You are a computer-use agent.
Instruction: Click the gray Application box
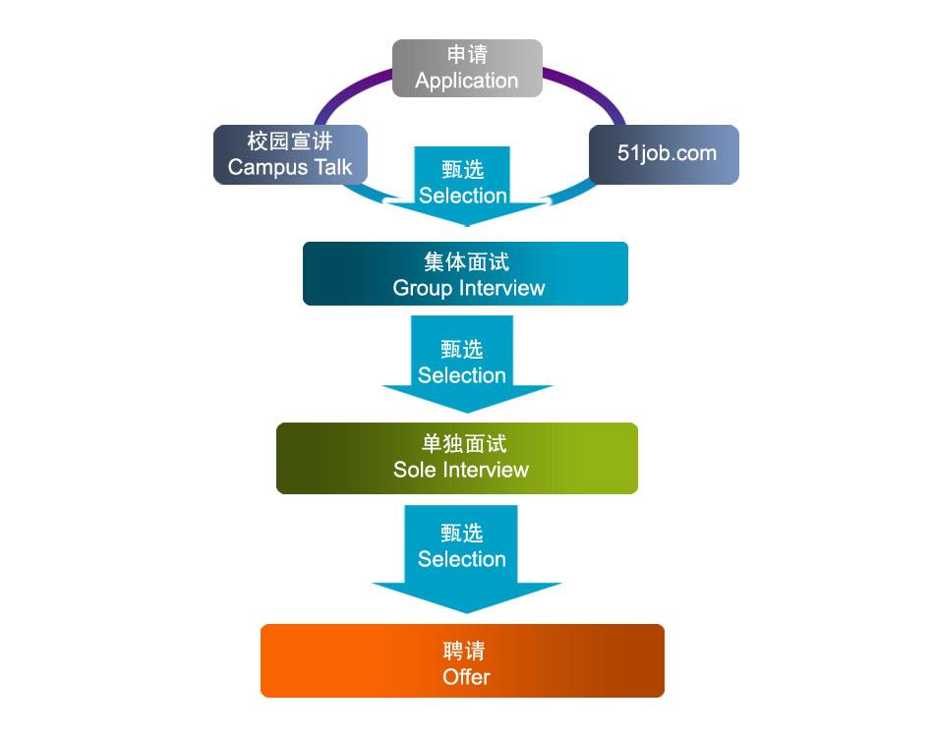pyautogui.click(x=467, y=68)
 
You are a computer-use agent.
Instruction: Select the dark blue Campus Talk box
pyautogui.click(x=290, y=154)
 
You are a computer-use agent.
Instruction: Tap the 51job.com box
pyautogui.click(x=665, y=154)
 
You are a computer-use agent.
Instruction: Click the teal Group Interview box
pyautogui.click(x=465, y=273)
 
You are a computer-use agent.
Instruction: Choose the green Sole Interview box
pyautogui.click(x=457, y=458)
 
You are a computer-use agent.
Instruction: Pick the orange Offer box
pyautogui.click(x=462, y=661)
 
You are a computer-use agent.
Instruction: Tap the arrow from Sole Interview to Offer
pyautogui.click(x=462, y=546)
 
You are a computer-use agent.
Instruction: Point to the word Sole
pyautogui.click(x=414, y=470)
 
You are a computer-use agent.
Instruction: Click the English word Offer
pyautogui.click(x=466, y=676)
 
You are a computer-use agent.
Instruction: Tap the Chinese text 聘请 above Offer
pyautogui.click(x=464, y=650)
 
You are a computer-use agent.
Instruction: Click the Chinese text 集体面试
pyautogui.click(x=467, y=262)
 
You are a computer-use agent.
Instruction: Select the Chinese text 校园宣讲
pyautogui.click(x=290, y=141)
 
